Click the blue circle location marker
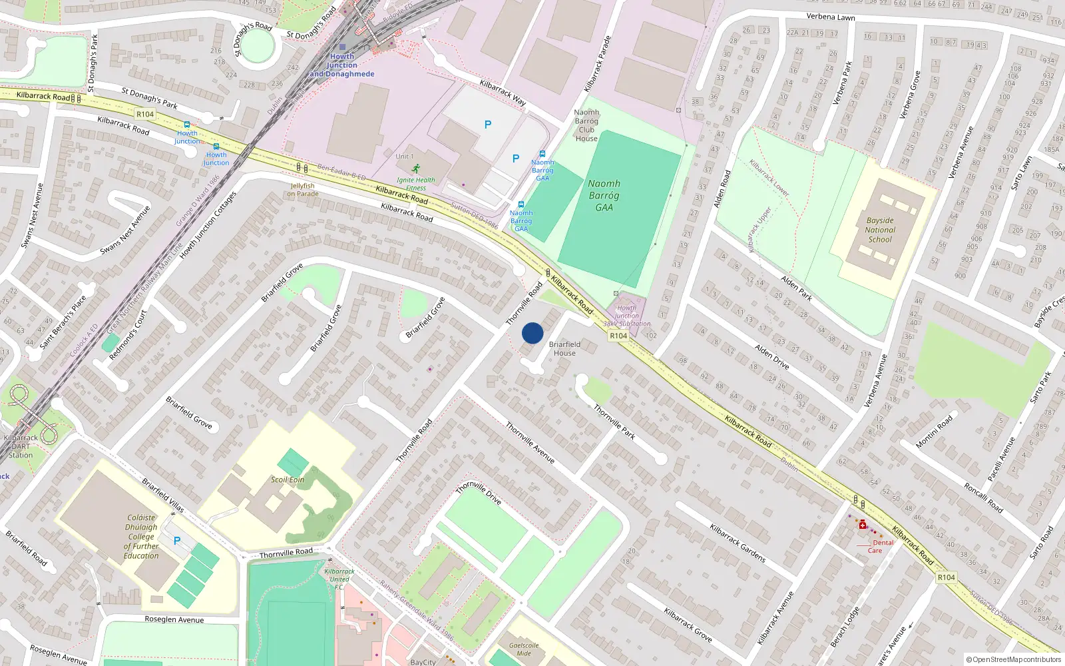[x=532, y=333]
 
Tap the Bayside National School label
[x=880, y=230]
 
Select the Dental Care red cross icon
[x=863, y=525]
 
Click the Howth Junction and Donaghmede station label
[x=342, y=65]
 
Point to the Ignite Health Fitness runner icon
[x=416, y=168]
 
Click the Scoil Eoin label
[x=288, y=480]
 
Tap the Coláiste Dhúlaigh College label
[x=141, y=536]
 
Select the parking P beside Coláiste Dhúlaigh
[x=177, y=541]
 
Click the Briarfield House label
[x=564, y=348]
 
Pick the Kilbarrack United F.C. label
[x=339, y=579]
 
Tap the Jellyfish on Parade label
[x=303, y=190]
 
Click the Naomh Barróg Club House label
[x=586, y=125]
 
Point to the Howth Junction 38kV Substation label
[x=627, y=316]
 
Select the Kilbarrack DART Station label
[x=21, y=446]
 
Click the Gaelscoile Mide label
[x=524, y=649]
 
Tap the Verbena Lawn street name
[x=831, y=17]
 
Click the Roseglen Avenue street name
[x=174, y=619]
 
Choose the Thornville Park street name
[x=614, y=422]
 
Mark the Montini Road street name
[x=934, y=432]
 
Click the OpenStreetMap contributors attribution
[x=1014, y=659]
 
